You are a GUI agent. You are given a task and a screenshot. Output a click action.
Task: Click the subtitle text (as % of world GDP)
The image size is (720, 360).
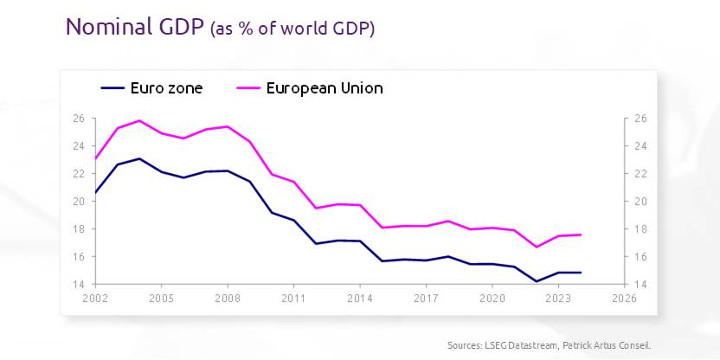(x=292, y=29)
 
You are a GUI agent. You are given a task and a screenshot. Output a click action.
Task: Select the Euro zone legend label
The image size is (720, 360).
(x=166, y=87)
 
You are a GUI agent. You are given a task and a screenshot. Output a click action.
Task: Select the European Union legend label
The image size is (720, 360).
(x=325, y=87)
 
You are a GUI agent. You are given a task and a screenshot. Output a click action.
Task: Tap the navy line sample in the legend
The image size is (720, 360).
(x=112, y=87)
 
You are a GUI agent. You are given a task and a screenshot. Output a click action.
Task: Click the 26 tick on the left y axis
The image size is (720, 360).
(x=78, y=119)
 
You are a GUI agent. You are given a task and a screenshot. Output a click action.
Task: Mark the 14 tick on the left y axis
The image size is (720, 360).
(x=78, y=284)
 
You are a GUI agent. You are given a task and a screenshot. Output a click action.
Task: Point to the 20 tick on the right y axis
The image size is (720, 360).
(x=641, y=202)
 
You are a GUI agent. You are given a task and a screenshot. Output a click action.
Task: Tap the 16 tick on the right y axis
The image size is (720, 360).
(x=641, y=256)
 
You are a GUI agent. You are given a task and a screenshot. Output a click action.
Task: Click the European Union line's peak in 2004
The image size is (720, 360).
(x=139, y=120)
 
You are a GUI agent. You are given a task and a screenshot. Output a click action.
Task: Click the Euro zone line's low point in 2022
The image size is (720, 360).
(x=536, y=281)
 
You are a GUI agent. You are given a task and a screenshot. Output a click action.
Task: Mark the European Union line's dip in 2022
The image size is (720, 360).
(x=536, y=247)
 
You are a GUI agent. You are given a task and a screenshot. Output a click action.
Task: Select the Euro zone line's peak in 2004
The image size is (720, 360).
(x=139, y=158)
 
